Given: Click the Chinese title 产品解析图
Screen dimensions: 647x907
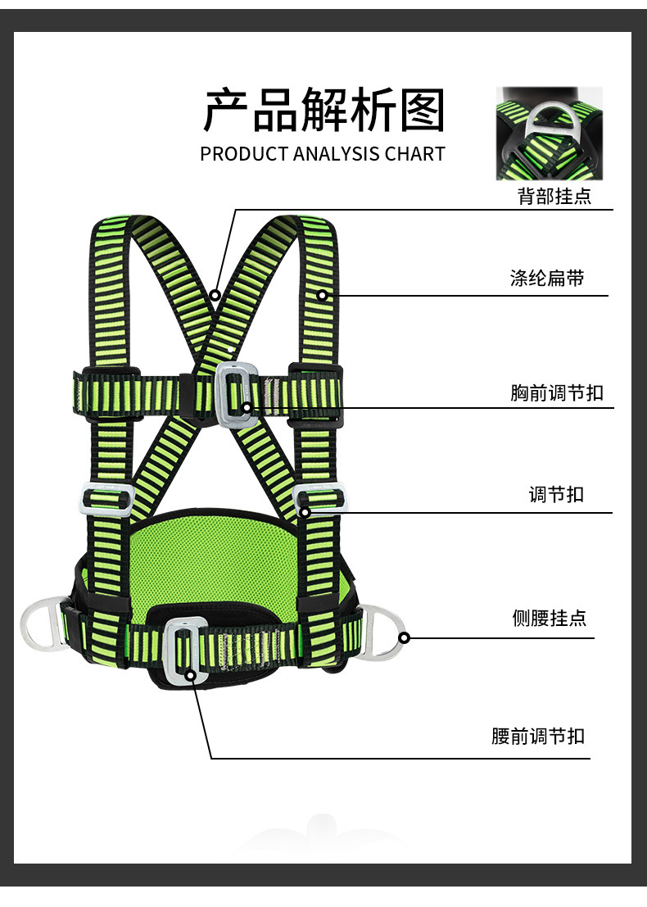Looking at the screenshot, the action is (x=323, y=110).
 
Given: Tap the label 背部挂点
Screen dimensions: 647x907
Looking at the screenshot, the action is (x=554, y=196).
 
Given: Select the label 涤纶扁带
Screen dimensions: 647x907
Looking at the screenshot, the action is (x=547, y=279).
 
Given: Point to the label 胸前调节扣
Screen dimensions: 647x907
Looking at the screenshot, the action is (x=557, y=392).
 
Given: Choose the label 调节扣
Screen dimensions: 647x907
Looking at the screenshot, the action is (x=556, y=495).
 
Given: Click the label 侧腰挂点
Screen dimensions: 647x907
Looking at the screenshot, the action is (x=550, y=618).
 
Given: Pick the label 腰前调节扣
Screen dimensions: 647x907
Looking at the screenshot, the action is (x=538, y=737).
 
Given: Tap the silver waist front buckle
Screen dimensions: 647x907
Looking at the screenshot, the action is (x=167, y=649).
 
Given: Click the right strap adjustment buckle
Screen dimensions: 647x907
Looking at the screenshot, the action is (x=344, y=498).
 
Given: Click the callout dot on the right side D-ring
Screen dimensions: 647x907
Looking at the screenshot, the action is (x=404, y=638).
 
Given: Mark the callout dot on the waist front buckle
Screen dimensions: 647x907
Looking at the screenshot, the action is (x=190, y=675).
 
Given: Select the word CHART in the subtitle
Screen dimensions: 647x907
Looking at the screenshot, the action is (x=415, y=154).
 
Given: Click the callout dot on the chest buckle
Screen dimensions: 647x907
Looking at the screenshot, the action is (x=247, y=407).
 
